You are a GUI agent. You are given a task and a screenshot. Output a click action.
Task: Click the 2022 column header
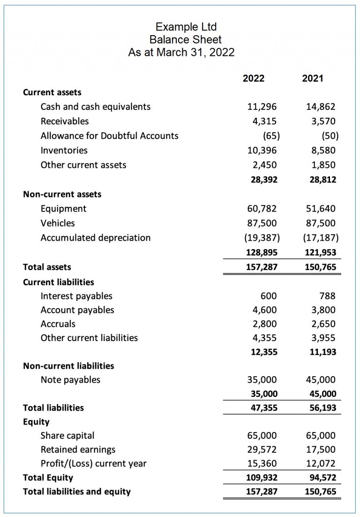253,78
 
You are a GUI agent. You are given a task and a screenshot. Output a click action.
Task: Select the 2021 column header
313,78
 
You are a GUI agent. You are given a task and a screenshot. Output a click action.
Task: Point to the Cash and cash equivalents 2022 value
262,106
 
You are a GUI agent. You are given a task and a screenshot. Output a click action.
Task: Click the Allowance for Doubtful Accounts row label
109,136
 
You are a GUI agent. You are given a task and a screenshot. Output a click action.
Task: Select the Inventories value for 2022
262,150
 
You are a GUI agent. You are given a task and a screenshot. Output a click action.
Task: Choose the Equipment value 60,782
262,208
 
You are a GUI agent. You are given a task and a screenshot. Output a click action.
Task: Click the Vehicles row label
58,223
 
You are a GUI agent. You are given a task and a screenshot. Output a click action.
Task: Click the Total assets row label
47,267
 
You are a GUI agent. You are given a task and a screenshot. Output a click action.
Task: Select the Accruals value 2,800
265,324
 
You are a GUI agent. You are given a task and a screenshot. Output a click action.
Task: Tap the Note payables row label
70,380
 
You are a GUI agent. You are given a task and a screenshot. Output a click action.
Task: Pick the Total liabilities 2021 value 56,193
322,408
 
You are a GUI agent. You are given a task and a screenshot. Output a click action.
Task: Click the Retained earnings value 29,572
262,449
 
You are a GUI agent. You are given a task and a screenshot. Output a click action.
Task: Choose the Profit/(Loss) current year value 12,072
322,464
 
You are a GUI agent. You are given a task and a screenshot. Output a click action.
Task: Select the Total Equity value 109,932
262,478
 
